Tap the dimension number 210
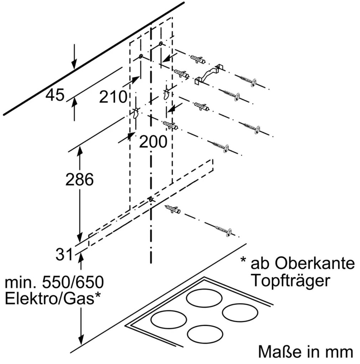(x=113, y=97)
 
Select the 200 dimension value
(x=153, y=142)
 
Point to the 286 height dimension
(x=79, y=180)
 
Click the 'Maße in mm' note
(x=305, y=352)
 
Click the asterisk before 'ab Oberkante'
(x=244, y=260)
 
